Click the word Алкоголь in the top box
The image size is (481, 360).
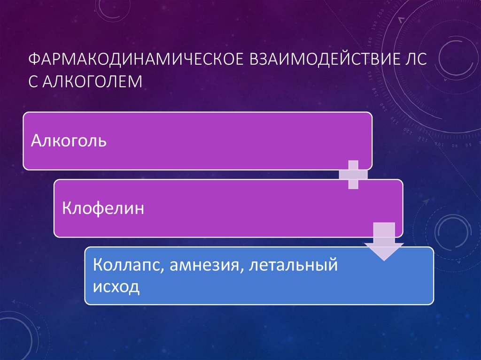click(69, 140)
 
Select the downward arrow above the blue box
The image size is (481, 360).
click(384, 241)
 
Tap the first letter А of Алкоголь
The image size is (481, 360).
click(36, 140)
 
